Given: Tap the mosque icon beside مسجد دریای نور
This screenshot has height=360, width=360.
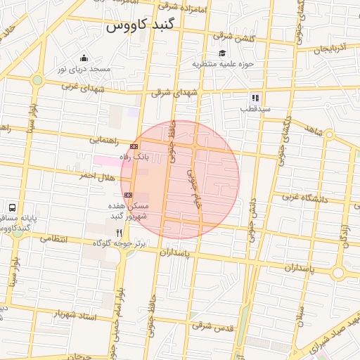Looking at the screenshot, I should click(x=84, y=58).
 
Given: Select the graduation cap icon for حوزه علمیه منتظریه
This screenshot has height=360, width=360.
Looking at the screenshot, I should click(x=222, y=53).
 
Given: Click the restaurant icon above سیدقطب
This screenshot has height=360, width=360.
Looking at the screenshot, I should click(x=255, y=98).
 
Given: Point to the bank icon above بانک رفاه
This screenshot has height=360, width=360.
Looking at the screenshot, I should click(x=134, y=146).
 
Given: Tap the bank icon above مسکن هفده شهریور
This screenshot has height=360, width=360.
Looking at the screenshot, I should click(x=128, y=195).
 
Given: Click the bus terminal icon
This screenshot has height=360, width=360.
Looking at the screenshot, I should click(x=12, y=208).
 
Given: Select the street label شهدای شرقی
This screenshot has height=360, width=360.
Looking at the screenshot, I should click(x=175, y=94).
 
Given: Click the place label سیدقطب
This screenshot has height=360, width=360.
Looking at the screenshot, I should click(x=255, y=110).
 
